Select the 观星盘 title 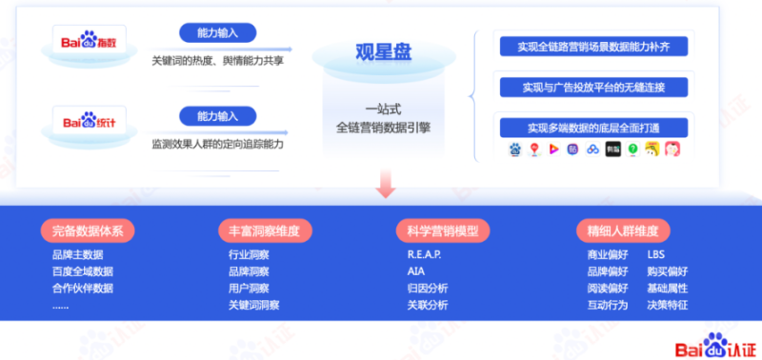pyautogui.click(x=384, y=51)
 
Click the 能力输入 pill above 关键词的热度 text pyautogui.click(x=219, y=33)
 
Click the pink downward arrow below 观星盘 pyautogui.click(x=385, y=183)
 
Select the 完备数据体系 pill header pyautogui.click(x=89, y=230)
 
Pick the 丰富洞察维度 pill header pyautogui.click(x=265, y=230)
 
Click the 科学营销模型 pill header pyautogui.click(x=443, y=230)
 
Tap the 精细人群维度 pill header pyautogui.click(x=623, y=230)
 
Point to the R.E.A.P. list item pyautogui.click(x=424, y=255)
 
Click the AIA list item pyautogui.click(x=415, y=271)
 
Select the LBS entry pyautogui.click(x=656, y=255)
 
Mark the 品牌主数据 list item pyautogui.click(x=78, y=255)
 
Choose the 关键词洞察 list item pyautogui.click(x=253, y=305)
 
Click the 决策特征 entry pyautogui.click(x=667, y=305)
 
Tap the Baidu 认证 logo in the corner pyautogui.click(x=711, y=345)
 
